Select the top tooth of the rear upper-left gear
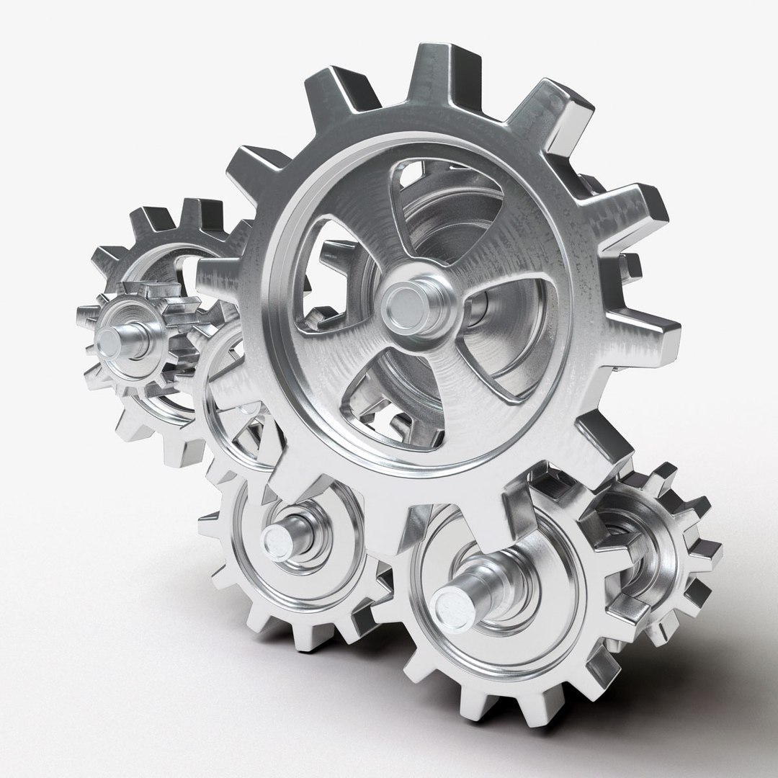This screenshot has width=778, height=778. point(191,209)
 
